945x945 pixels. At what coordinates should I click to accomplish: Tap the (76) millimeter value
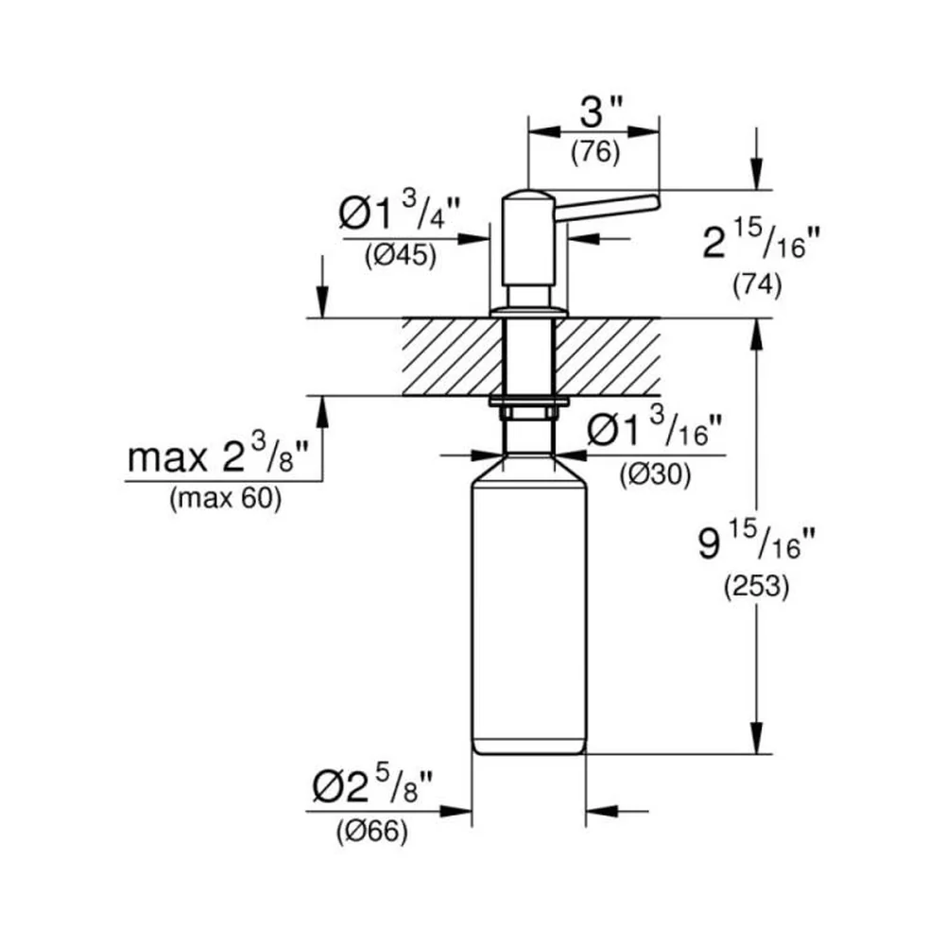coord(595,152)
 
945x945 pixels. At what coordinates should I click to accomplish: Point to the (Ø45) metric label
coord(400,256)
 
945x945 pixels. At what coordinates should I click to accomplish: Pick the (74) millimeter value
coord(757,285)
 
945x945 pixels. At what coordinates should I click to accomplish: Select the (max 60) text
coord(225,499)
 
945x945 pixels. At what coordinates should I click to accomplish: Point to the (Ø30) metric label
coord(655,476)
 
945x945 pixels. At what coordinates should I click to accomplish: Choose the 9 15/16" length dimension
coord(757,541)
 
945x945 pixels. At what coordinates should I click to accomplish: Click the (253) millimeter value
coord(756,587)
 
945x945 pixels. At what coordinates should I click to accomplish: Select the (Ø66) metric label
coord(371,833)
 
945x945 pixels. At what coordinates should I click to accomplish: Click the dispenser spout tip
coord(657,201)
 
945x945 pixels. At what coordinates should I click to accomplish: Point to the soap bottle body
coord(528,609)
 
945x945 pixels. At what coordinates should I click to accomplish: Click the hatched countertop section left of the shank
coord(452,357)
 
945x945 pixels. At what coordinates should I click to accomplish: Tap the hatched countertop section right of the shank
coord(607,357)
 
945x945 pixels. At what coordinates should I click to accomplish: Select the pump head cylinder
coord(528,238)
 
